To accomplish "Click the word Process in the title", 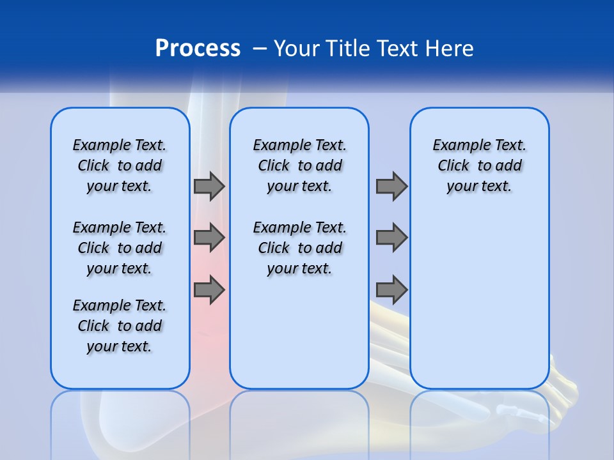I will pyautogui.click(x=198, y=49).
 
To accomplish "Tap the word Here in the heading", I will pyautogui.click(x=450, y=49).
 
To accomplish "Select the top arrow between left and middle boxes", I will pyautogui.click(x=209, y=186).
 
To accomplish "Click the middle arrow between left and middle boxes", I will pyautogui.click(x=209, y=238).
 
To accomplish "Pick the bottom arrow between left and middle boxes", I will pyautogui.click(x=209, y=289).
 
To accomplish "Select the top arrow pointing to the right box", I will pyautogui.click(x=391, y=186).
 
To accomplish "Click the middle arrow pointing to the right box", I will pyautogui.click(x=391, y=238).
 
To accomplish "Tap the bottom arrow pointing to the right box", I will pyautogui.click(x=391, y=289).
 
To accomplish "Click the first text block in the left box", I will pyautogui.click(x=120, y=165).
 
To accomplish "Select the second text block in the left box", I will pyautogui.click(x=120, y=248).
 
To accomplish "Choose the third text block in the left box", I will pyautogui.click(x=120, y=326).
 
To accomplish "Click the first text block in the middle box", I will pyautogui.click(x=299, y=165).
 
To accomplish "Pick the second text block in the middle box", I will pyautogui.click(x=299, y=248).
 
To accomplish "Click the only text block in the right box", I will pyautogui.click(x=479, y=165).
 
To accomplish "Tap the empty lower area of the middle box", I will pyautogui.click(x=299, y=332).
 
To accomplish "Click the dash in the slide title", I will pyautogui.click(x=260, y=49).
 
